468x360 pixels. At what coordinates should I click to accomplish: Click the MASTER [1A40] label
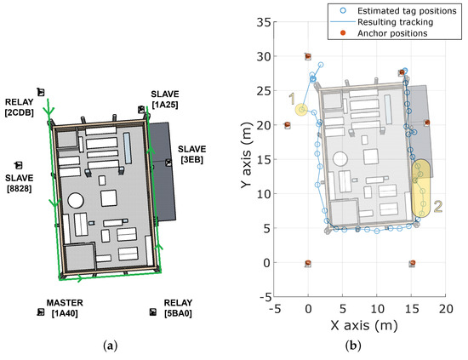click(x=65, y=309)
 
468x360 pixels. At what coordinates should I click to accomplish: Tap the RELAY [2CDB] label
click(x=19, y=107)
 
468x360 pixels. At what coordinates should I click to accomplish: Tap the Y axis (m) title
click(x=245, y=162)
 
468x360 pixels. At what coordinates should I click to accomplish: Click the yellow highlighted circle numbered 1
click(x=301, y=109)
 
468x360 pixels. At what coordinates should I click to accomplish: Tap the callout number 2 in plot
click(x=438, y=205)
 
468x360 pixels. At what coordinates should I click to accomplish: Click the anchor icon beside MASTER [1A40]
click(x=40, y=312)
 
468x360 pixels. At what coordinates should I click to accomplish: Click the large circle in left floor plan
click(x=76, y=202)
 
